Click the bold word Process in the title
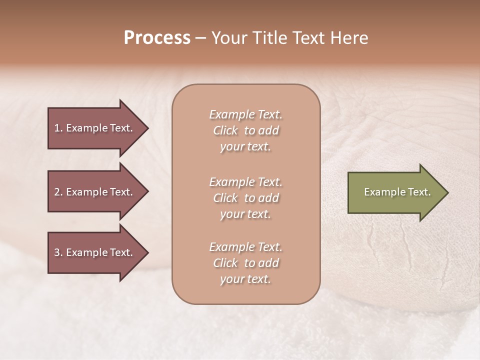click(x=157, y=38)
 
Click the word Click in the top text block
click(x=225, y=130)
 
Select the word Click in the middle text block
click(x=225, y=198)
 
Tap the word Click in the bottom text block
click(x=225, y=263)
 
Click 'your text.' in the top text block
click(x=245, y=146)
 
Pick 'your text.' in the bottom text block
click(x=245, y=279)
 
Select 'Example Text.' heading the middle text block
click(x=245, y=182)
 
